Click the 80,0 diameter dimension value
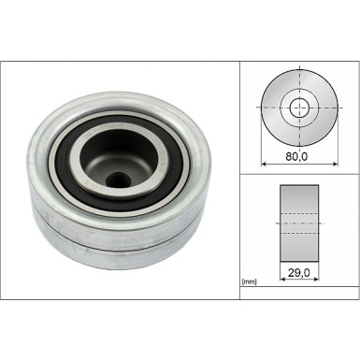pos(296,156)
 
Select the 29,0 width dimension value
pos(298,273)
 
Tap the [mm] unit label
pos(249,282)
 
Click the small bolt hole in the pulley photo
pos(118,180)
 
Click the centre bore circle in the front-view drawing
pos(299,108)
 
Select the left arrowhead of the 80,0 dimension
pos(264,164)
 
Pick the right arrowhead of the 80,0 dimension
pos(335,164)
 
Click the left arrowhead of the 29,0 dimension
pos(283,279)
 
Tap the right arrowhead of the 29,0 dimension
pos(315,279)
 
